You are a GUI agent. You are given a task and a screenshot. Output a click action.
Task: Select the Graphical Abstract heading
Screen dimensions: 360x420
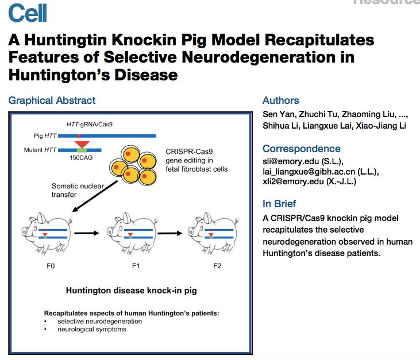(x=52, y=100)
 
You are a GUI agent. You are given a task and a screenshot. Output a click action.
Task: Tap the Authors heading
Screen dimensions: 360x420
(x=280, y=100)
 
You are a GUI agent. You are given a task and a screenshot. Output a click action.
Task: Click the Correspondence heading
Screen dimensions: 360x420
(x=301, y=148)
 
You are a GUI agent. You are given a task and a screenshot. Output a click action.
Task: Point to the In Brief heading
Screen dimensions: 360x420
(x=280, y=204)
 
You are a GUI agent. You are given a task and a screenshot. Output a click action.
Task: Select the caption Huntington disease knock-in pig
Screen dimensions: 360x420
(x=132, y=291)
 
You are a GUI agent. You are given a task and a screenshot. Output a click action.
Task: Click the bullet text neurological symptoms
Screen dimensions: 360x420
(x=91, y=330)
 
